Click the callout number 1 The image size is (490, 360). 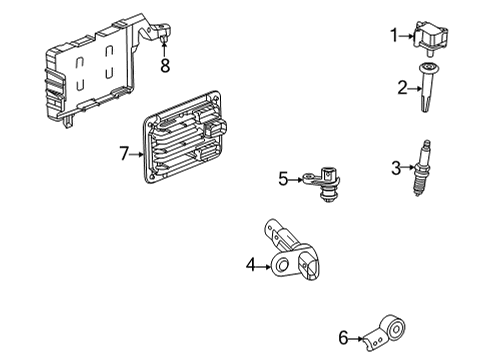tap(394, 36)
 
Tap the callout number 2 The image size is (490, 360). tap(401, 89)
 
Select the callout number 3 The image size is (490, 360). tap(397, 166)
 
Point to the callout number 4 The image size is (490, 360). tap(252, 265)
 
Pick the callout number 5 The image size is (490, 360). tap(283, 179)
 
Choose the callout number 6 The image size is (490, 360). tap(344, 339)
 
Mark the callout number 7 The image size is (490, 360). tap(124, 153)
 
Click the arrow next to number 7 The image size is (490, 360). tap(137, 153)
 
